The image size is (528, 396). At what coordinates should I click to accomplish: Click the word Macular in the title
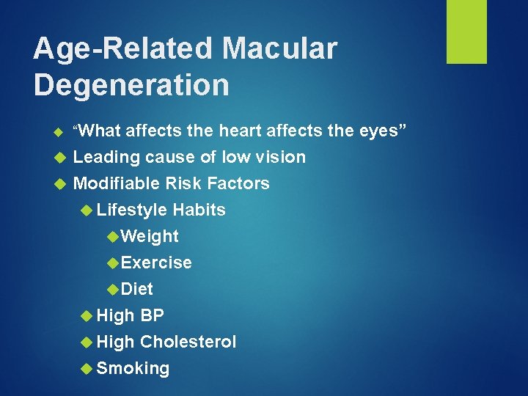tap(279, 49)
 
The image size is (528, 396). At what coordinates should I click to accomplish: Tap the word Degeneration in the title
tap(131, 85)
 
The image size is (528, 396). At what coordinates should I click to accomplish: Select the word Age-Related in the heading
tap(123, 49)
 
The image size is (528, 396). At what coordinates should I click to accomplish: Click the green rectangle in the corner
tap(466, 32)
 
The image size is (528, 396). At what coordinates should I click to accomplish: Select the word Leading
tap(107, 157)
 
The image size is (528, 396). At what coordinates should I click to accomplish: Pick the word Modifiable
tap(117, 183)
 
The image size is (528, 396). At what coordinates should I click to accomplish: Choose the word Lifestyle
tap(132, 210)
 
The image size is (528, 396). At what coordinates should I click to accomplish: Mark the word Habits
tap(199, 210)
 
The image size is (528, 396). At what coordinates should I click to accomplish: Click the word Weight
tap(150, 236)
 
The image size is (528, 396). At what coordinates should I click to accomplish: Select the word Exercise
tap(156, 263)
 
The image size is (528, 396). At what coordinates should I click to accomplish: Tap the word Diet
tap(137, 289)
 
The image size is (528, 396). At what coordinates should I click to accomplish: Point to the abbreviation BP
tap(152, 315)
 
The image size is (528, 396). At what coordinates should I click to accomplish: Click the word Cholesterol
tap(188, 342)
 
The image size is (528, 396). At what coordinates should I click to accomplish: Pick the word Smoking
tap(133, 368)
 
